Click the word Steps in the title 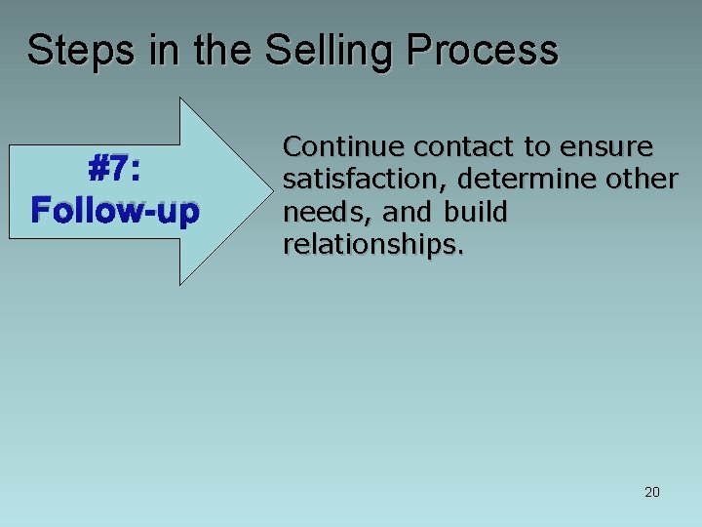(x=81, y=51)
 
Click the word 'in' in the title (x=164, y=51)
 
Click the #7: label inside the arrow (x=115, y=171)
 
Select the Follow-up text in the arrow (x=115, y=210)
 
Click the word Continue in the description (x=343, y=147)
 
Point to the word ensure (x=607, y=147)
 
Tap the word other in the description (x=645, y=181)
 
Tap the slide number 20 (x=652, y=492)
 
